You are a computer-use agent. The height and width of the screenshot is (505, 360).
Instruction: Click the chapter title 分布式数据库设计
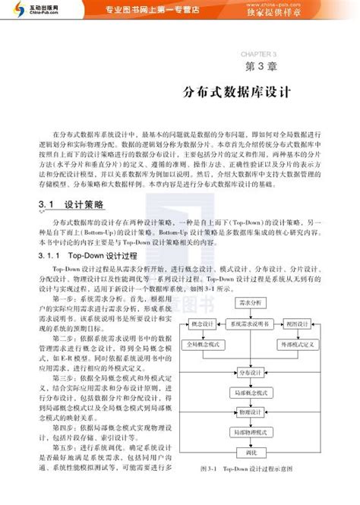coord(238,92)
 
